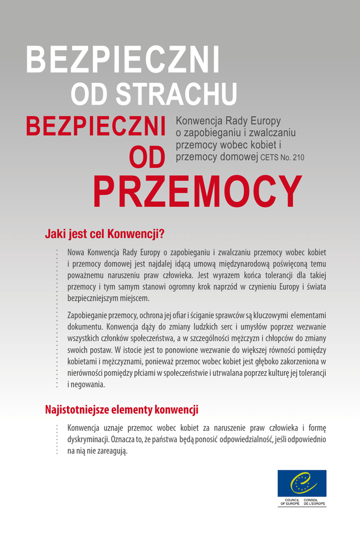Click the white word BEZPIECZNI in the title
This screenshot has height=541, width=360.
click(122, 60)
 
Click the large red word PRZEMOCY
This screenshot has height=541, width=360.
click(197, 191)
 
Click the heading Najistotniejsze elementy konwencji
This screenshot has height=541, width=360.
click(121, 409)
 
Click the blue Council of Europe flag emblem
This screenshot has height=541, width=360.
click(302, 483)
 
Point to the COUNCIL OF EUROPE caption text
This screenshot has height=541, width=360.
click(289, 502)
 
